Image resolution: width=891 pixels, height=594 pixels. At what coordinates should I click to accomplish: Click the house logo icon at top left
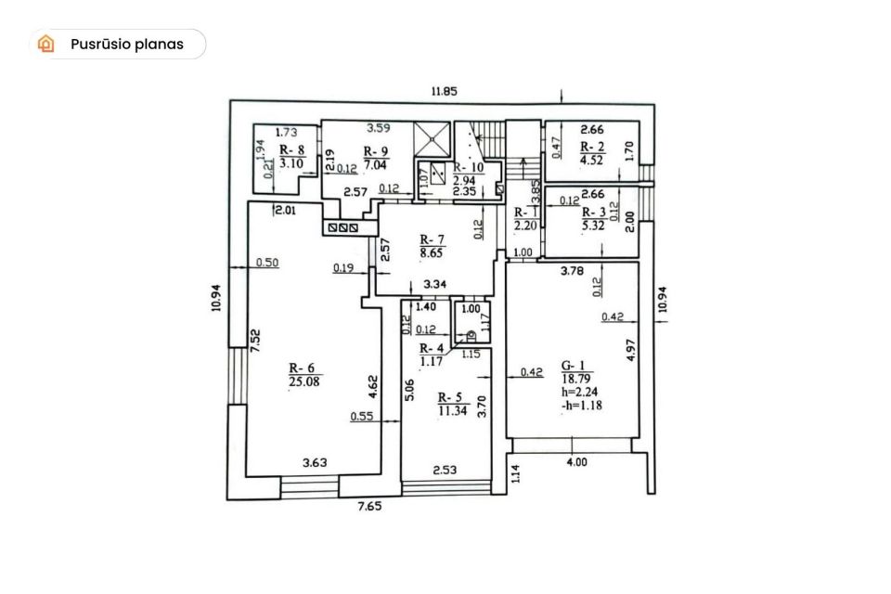(x=46, y=44)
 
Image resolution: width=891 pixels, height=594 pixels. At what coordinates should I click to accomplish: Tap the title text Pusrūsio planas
(x=127, y=45)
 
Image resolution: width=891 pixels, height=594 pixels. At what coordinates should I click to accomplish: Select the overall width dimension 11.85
(x=444, y=91)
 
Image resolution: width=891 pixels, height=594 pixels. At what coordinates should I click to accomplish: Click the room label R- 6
(x=301, y=368)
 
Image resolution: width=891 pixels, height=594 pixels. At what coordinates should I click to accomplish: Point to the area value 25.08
(x=304, y=381)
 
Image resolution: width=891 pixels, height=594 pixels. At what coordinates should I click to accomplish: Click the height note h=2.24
(x=579, y=393)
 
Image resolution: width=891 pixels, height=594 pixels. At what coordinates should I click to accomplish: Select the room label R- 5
(x=450, y=397)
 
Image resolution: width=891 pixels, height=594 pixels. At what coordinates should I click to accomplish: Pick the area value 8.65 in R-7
(x=432, y=253)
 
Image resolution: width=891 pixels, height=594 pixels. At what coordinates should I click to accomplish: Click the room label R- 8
(x=292, y=150)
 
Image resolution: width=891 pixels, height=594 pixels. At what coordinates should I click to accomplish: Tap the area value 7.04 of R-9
(x=375, y=165)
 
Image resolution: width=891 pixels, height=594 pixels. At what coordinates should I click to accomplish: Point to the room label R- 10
(x=468, y=168)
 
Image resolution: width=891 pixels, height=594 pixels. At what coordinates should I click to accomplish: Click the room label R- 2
(x=592, y=147)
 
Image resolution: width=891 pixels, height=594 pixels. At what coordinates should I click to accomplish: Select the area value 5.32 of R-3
(x=593, y=226)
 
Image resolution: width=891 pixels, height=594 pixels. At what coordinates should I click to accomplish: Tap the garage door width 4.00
(x=576, y=462)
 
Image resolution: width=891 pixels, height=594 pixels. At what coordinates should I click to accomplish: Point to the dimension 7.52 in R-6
(x=256, y=341)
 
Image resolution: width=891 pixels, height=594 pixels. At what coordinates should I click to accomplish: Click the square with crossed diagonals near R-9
(x=432, y=137)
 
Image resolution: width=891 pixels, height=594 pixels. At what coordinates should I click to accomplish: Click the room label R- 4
(x=432, y=348)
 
